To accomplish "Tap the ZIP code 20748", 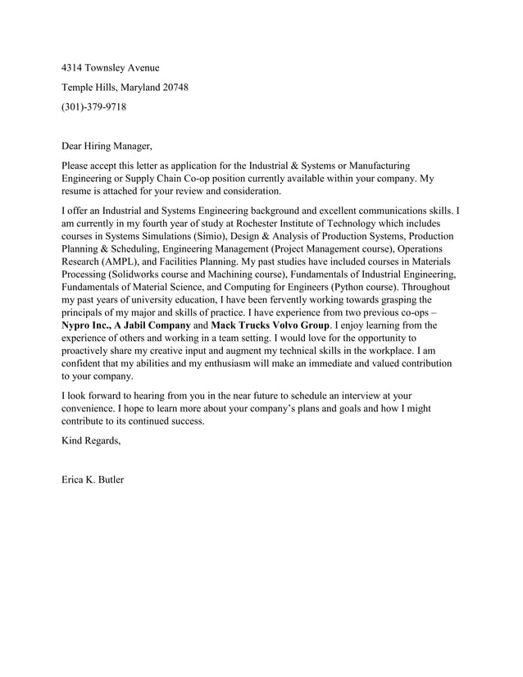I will [175, 87].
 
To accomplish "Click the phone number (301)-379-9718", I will [94, 107].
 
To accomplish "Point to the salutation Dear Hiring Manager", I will [107, 147].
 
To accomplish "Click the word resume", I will [78, 192].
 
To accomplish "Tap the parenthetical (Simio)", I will [202, 236].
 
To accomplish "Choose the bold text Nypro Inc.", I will [87, 325].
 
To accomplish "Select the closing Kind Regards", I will [92, 441].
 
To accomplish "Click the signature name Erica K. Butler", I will [93, 479].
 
